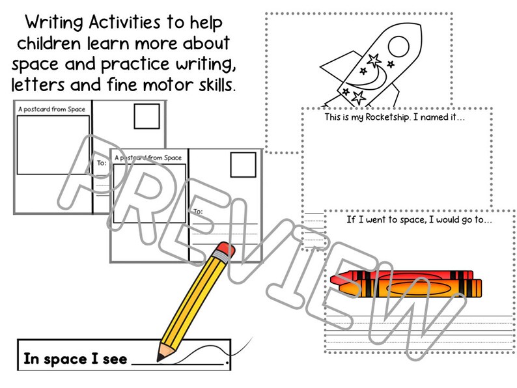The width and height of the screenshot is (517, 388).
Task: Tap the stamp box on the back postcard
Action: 145,117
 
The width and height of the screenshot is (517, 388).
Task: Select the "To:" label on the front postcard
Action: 198,211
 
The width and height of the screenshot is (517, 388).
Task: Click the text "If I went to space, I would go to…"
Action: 419,220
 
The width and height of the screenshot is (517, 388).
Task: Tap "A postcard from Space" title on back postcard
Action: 52,109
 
